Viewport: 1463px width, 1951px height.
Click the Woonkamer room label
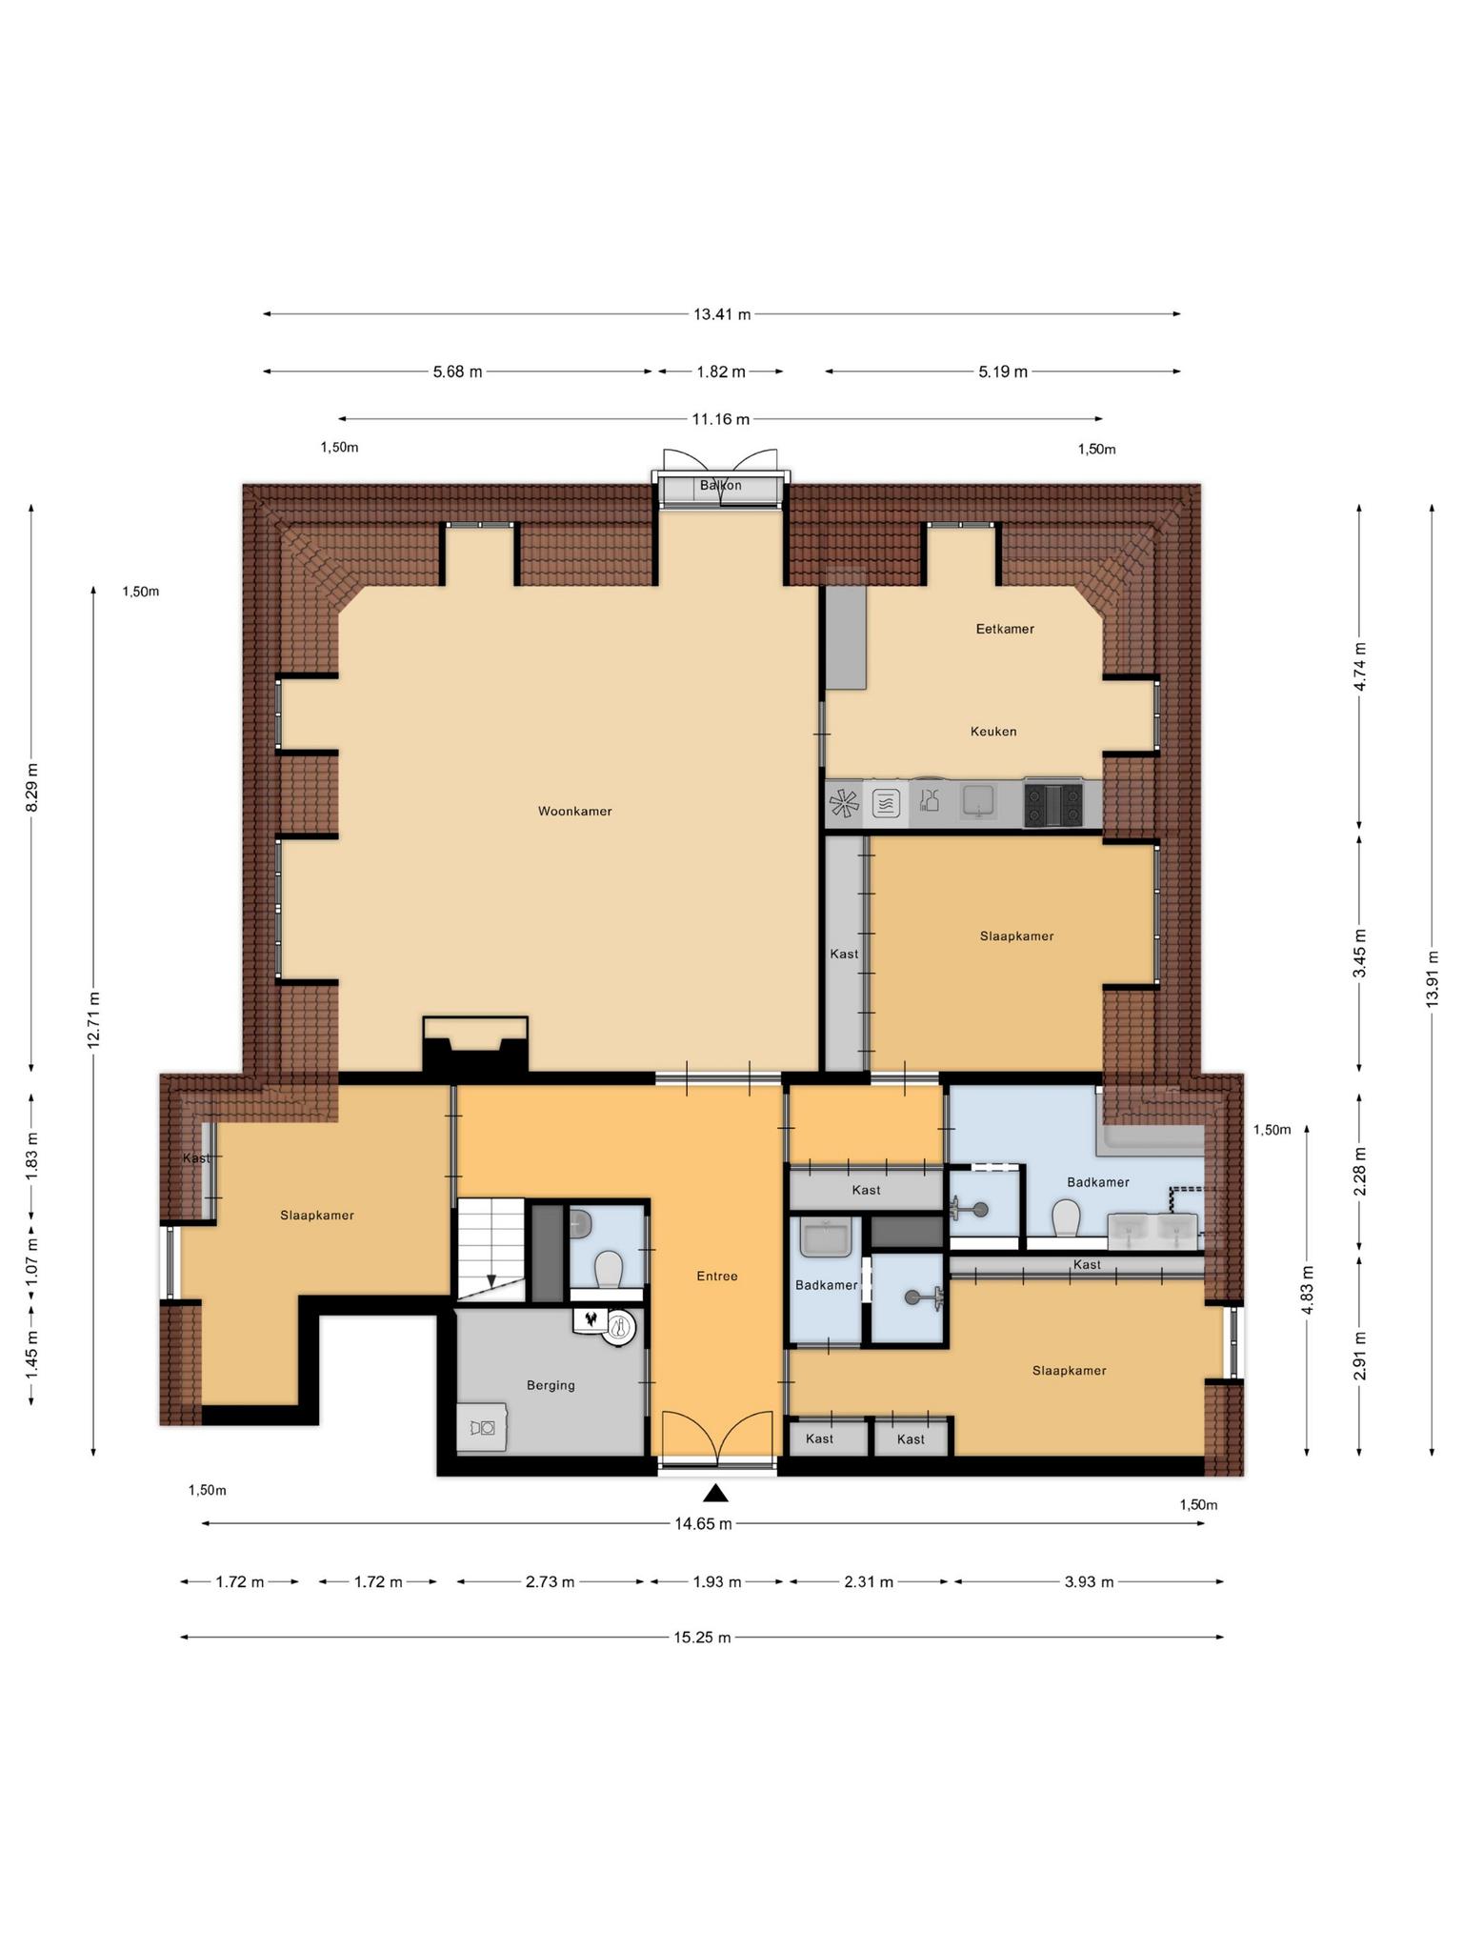click(x=574, y=812)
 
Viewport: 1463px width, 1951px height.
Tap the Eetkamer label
click(x=1005, y=629)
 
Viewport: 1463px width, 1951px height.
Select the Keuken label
click(x=993, y=732)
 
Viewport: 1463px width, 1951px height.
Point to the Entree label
click(x=717, y=1277)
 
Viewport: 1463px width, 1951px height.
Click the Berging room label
click(x=551, y=1385)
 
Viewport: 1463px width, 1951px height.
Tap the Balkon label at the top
click(x=720, y=485)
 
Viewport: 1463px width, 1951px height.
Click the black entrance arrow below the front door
click(x=716, y=1493)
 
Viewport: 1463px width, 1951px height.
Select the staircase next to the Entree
click(x=491, y=1249)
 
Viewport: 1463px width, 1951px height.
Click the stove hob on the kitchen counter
click(x=1053, y=804)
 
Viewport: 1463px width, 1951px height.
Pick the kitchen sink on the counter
click(x=978, y=801)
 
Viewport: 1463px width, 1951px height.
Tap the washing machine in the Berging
click(x=481, y=1427)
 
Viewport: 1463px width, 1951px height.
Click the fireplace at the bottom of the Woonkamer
click(x=475, y=1047)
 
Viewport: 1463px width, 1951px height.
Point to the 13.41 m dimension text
click(x=722, y=314)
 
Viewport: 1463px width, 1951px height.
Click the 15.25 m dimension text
click(x=703, y=1638)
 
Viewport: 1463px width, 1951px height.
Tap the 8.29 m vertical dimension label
click(x=31, y=787)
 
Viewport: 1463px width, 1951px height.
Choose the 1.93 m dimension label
click(x=717, y=1582)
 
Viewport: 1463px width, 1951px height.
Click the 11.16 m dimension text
click(x=720, y=418)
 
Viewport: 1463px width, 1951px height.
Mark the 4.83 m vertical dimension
click(x=1307, y=1290)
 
